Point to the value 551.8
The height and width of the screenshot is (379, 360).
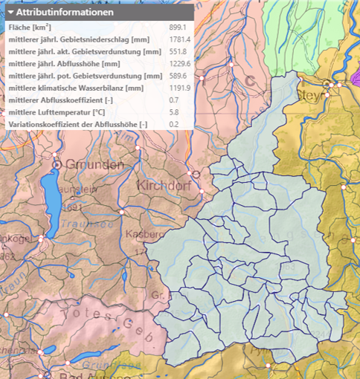tap(179, 52)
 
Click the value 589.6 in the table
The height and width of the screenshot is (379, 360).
tap(179, 76)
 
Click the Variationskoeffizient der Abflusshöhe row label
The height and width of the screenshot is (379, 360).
tap(78, 123)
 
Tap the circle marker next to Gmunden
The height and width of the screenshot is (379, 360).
tap(68, 163)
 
